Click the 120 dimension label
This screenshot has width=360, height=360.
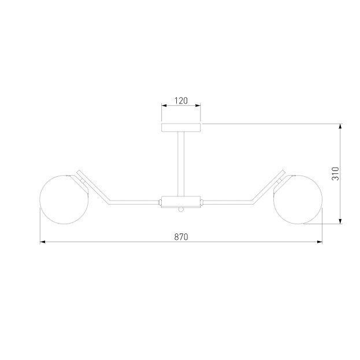[x=181, y=101]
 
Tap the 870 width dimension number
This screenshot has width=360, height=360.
[x=181, y=237]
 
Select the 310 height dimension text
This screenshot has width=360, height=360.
[x=335, y=174]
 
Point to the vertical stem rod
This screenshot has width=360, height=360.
[x=181, y=164]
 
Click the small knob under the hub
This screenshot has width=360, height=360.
[x=181, y=210]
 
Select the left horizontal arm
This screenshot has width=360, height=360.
[x=134, y=202]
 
